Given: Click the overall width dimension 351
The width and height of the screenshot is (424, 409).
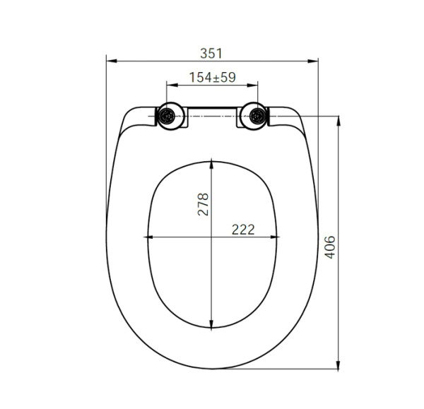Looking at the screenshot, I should [x=211, y=53].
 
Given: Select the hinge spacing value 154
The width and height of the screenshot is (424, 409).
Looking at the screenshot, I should [x=201, y=78].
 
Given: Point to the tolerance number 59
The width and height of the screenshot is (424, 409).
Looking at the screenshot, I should [x=227, y=78].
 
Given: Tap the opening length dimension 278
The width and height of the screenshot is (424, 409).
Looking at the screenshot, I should [x=204, y=205].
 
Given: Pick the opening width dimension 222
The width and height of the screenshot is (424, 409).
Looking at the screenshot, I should [x=242, y=229].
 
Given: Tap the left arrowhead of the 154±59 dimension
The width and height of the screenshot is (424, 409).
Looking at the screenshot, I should [x=170, y=85].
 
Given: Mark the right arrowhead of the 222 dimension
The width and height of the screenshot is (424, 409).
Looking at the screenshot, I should [x=276, y=237].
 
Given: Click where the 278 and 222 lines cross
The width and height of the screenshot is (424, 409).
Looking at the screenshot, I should [x=212, y=237].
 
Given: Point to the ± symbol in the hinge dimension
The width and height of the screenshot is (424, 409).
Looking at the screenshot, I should [x=215, y=78].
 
